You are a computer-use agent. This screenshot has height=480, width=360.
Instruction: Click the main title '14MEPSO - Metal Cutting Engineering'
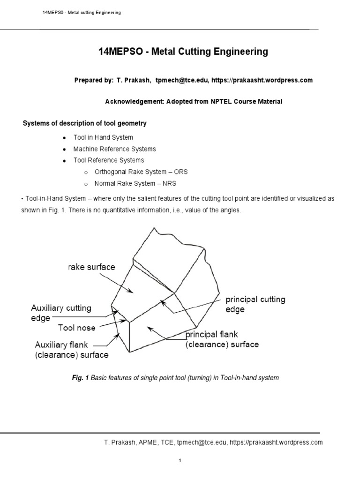183,52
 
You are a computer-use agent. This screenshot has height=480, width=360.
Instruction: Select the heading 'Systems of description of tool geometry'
85,123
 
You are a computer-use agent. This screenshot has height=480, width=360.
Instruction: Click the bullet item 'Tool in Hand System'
103,137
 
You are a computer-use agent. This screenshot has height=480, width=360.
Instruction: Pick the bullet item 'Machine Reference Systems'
114,149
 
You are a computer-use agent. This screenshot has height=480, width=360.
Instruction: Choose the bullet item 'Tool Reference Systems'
109,160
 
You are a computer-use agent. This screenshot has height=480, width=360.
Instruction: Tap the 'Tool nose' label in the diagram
77,328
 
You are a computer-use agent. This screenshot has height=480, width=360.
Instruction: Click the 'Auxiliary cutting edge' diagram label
61,313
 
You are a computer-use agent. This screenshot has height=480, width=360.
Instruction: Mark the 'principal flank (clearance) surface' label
222,339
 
